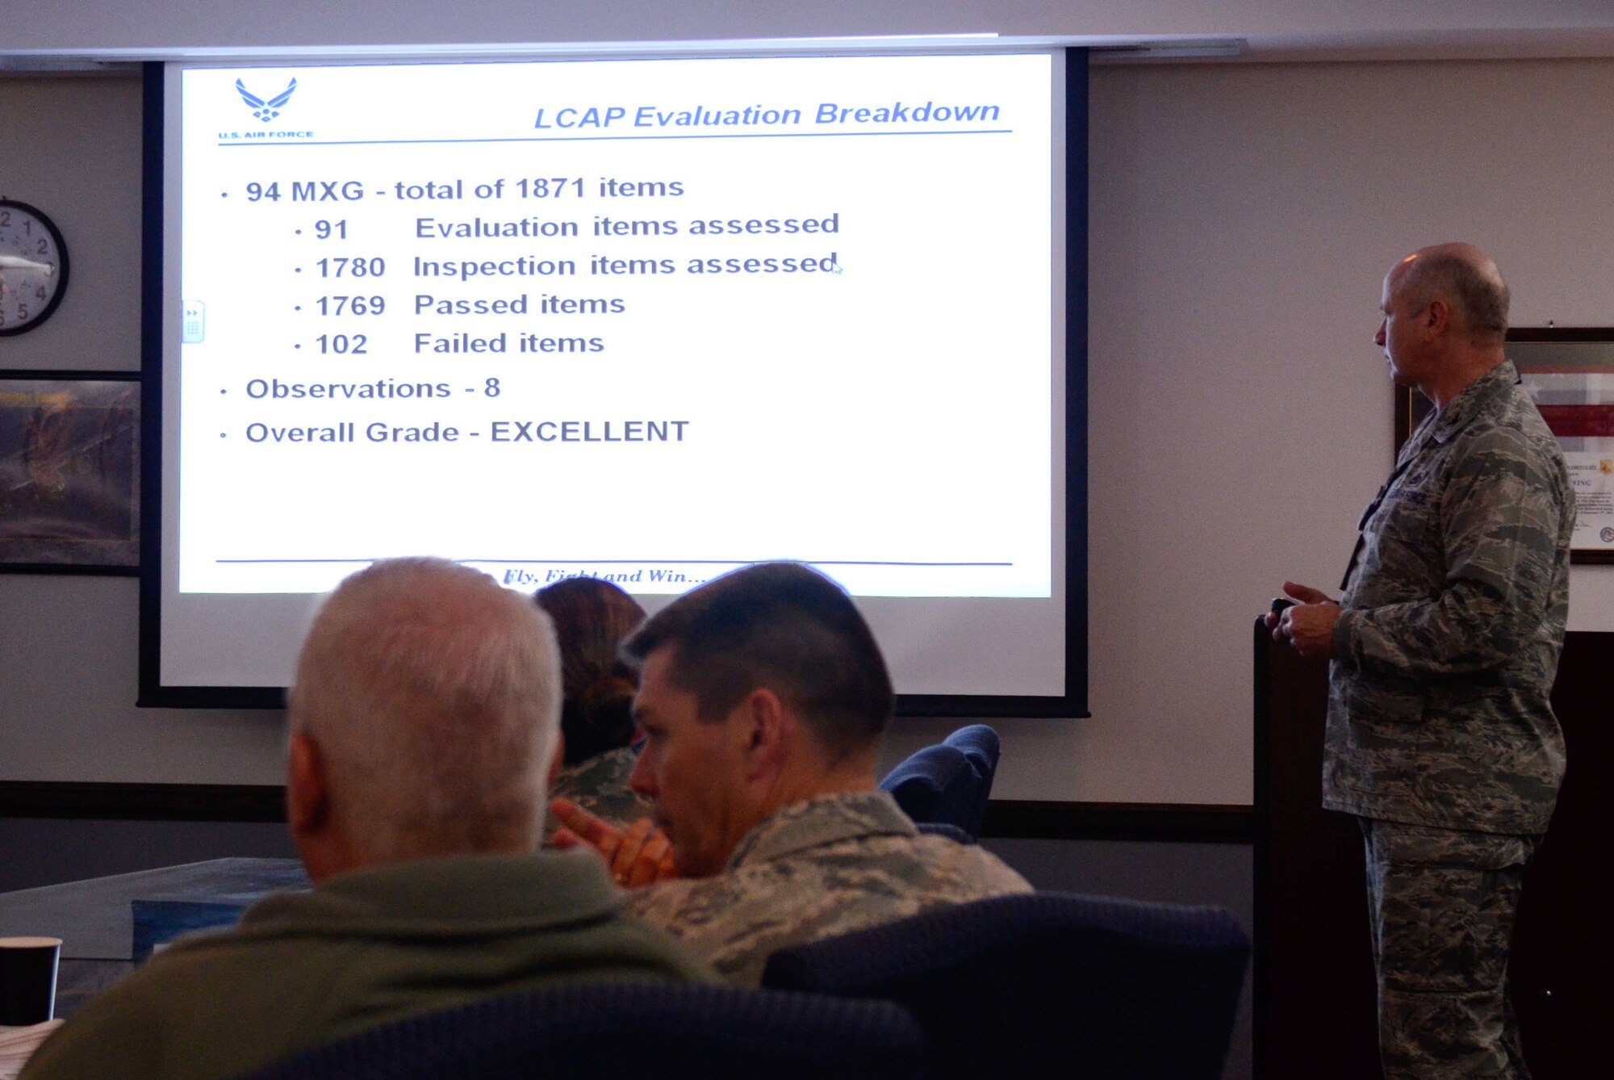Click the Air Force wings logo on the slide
coord(266,99)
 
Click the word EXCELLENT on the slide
coord(589,432)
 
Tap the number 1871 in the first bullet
coord(550,189)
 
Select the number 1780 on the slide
coord(350,267)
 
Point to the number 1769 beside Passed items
coord(350,306)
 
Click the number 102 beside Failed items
coord(341,345)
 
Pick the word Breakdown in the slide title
coord(906,113)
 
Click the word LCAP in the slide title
coord(579,118)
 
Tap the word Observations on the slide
coord(348,389)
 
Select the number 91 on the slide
coord(332,230)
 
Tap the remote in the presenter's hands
coord(1279,606)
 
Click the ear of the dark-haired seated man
coord(762,722)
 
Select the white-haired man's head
coord(424,710)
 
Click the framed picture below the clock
coord(68,472)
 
